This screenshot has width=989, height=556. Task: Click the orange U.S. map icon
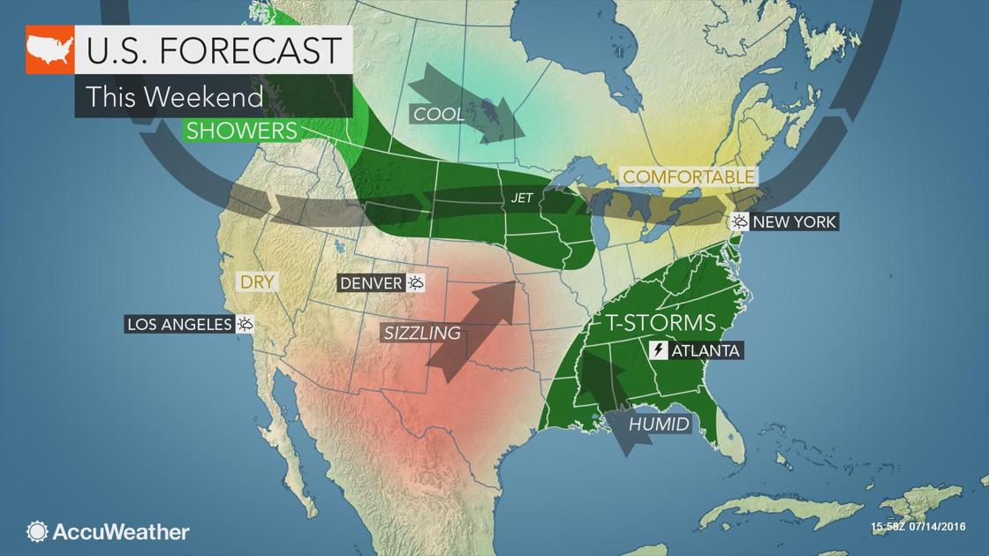point(49,50)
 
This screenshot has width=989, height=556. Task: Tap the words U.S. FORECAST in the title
point(213,50)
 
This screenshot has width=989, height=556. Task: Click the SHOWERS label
point(239,131)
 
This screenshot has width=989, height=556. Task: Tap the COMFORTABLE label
point(689,177)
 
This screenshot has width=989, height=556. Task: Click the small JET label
point(522,198)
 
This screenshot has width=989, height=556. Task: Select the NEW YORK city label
point(794,222)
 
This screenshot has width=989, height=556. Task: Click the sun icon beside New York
point(739,222)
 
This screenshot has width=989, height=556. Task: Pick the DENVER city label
point(371,283)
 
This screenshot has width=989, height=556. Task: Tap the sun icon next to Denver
point(415,283)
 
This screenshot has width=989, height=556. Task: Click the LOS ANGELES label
point(179,325)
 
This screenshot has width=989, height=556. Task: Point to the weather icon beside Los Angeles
point(245,325)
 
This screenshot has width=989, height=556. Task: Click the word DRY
point(257,283)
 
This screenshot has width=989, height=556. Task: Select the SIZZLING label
point(422,333)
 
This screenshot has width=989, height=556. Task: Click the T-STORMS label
point(661,322)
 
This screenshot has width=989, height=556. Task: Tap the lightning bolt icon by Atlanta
point(659,350)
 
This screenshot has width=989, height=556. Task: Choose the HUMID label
point(659,425)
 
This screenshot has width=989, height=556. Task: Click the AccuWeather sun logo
point(37,531)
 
